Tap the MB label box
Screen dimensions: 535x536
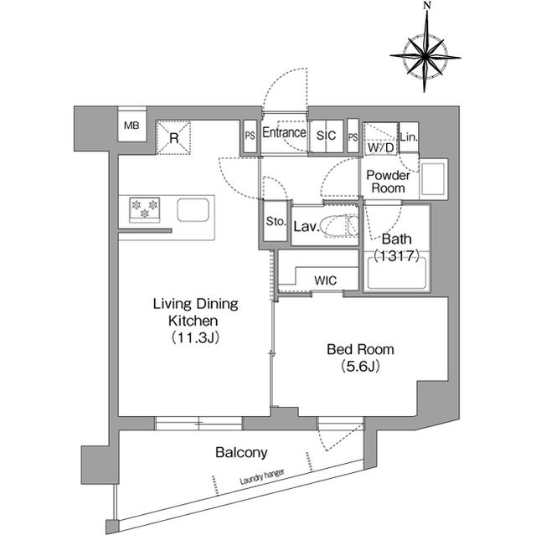click(131, 126)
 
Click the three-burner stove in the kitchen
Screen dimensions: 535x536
click(144, 209)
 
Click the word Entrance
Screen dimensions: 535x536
click(284, 133)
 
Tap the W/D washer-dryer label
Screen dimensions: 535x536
click(381, 147)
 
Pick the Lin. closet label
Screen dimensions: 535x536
click(408, 137)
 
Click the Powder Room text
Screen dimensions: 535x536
click(386, 182)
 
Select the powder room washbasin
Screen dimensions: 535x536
click(434, 181)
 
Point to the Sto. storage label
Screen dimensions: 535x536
click(276, 223)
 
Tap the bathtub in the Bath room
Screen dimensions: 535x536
click(398, 275)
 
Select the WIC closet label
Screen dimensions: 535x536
click(326, 280)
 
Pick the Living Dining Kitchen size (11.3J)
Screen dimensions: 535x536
click(195, 337)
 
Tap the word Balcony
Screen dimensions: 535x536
click(241, 453)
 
